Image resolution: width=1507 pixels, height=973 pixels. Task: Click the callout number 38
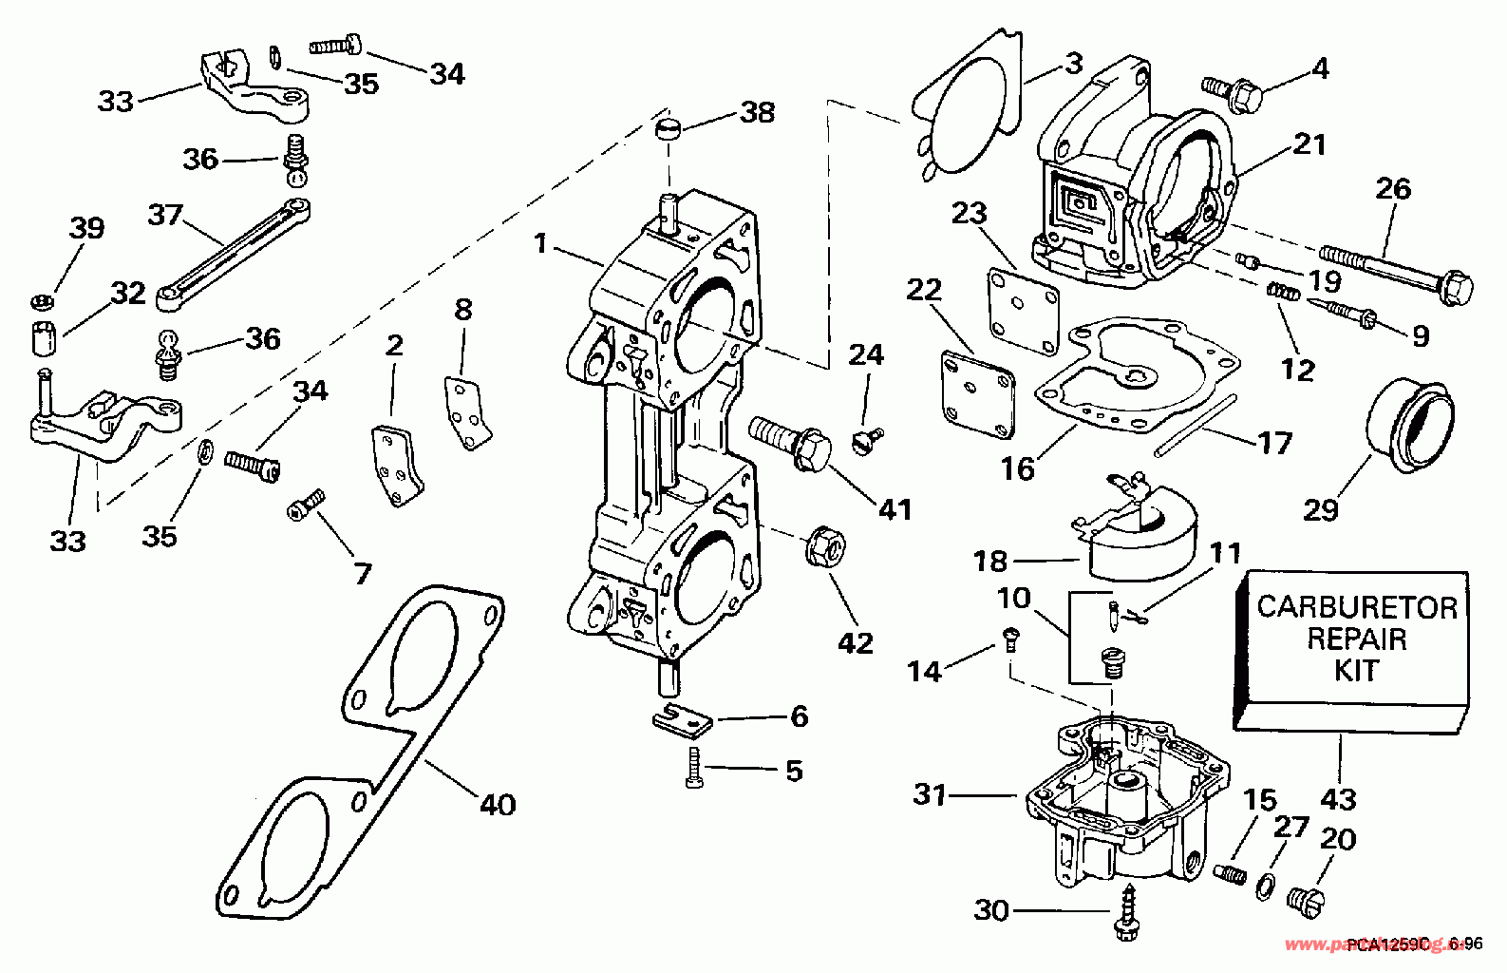click(x=757, y=112)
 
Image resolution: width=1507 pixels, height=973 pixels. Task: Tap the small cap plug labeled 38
click(x=670, y=128)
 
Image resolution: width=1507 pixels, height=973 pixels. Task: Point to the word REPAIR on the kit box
click(x=1357, y=639)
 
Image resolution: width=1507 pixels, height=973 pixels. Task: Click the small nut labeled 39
click(x=41, y=302)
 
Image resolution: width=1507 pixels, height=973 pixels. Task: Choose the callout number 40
click(x=497, y=805)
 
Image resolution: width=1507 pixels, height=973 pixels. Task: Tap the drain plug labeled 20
click(x=1308, y=896)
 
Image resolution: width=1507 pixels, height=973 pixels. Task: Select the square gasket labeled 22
click(x=977, y=390)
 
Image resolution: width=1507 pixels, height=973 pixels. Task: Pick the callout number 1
click(x=540, y=244)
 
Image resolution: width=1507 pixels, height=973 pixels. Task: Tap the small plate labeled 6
click(x=684, y=719)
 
